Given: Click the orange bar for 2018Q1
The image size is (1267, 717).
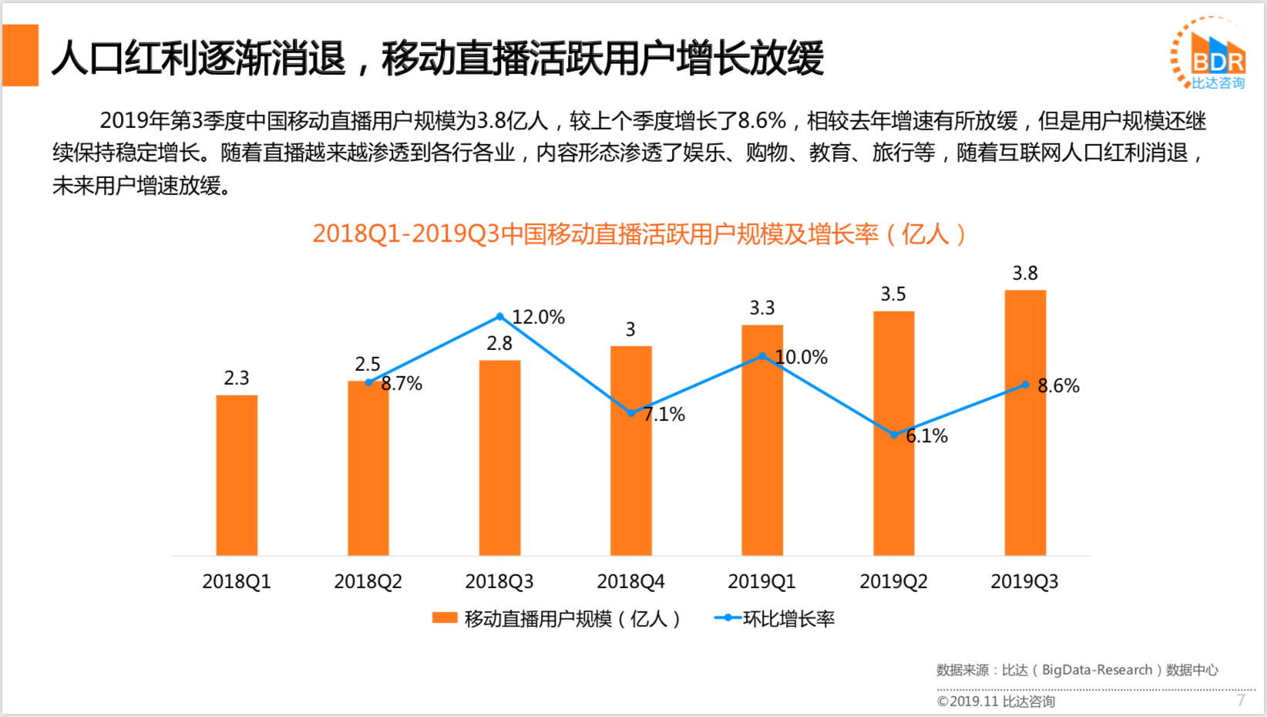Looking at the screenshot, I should click(237, 475).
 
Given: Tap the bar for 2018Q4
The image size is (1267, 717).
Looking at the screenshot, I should click(630, 450).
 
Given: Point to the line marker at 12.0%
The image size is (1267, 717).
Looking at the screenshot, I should click(499, 317).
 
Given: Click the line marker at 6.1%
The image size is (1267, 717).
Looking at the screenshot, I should click(894, 435).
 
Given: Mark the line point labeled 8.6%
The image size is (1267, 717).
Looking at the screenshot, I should click(1025, 385).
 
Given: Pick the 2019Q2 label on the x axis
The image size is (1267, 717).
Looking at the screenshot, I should click(893, 581).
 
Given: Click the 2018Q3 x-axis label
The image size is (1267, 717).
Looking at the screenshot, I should click(499, 581).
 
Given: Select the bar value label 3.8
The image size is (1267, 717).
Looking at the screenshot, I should click(1025, 274).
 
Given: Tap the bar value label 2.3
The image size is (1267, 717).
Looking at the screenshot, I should click(237, 379).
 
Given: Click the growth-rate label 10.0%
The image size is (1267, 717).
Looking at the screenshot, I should click(802, 358).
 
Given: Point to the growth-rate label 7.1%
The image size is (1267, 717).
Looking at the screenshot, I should click(664, 415).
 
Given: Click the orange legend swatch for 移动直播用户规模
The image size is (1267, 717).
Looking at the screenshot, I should click(445, 618).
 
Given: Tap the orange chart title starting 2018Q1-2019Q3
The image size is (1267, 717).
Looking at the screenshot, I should click(639, 234).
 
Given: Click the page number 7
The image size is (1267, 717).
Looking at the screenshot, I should click(1241, 700).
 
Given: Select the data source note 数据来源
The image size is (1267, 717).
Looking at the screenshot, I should click(1077, 670).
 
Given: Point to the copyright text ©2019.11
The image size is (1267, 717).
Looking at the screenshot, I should click(996, 702).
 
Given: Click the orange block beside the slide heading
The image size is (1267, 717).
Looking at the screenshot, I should click(21, 56).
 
